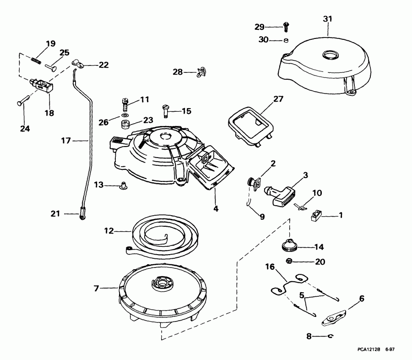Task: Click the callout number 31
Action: (x=328, y=19)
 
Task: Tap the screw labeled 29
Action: (x=287, y=26)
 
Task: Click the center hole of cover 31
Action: (x=329, y=55)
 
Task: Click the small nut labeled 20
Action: (x=289, y=261)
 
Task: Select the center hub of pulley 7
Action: (x=162, y=282)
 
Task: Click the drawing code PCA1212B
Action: (x=369, y=350)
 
